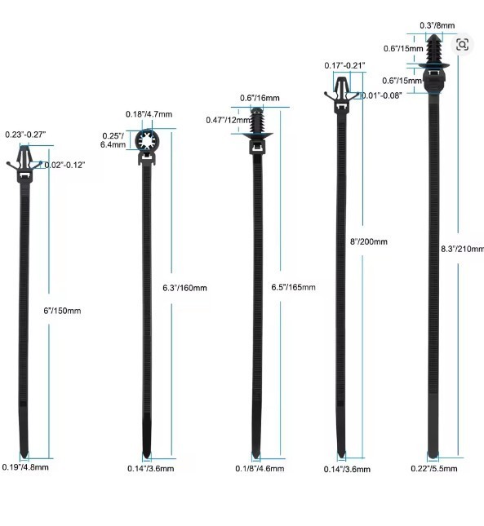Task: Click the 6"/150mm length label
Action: pyautogui.click(x=62, y=311)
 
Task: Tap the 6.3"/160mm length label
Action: pyautogui.click(x=184, y=288)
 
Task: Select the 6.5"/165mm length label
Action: pyautogui.click(x=293, y=287)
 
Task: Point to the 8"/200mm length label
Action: pyautogui.click(x=369, y=241)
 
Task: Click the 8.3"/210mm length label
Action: pyautogui.click(x=463, y=249)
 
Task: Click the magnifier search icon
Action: pyautogui.click(x=462, y=44)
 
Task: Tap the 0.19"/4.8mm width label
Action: pyautogui.click(x=25, y=467)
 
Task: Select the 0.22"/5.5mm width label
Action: pyautogui.click(x=434, y=469)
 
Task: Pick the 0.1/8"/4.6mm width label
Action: pyautogui.click(x=260, y=469)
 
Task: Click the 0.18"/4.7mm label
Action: pyautogui.click(x=149, y=114)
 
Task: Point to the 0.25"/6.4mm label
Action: pyautogui.click(x=113, y=140)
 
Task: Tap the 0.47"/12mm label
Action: pyautogui.click(x=229, y=120)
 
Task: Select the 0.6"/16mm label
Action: pyautogui.click(x=260, y=98)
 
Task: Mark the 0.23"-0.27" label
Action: pyautogui.click(x=25, y=135)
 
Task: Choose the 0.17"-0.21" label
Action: pyautogui.click(x=344, y=65)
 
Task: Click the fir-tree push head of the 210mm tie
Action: pyautogui.click(x=434, y=50)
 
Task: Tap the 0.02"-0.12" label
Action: pyautogui.click(x=64, y=165)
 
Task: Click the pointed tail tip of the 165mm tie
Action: pyautogui.click(x=256, y=457)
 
